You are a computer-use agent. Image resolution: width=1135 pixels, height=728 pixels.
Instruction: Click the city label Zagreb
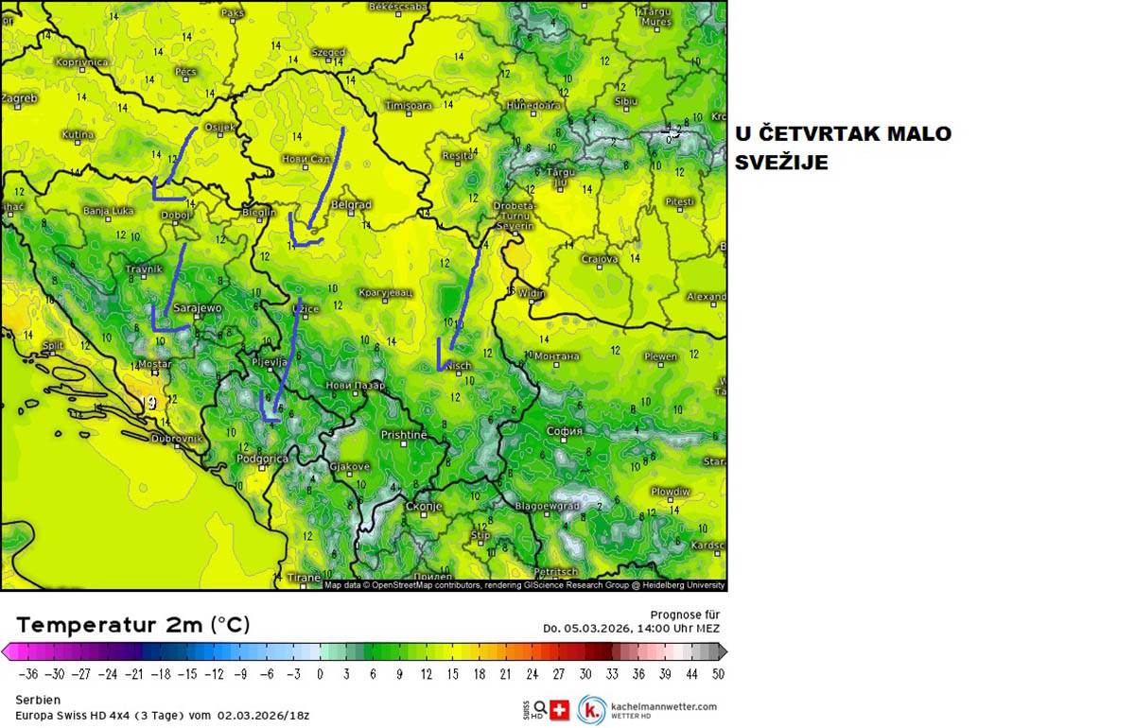pos(20,98)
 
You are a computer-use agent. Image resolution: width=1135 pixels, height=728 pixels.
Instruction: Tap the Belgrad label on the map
pos(352,204)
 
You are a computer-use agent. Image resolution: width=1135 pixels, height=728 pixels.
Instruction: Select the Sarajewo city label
pos(197,308)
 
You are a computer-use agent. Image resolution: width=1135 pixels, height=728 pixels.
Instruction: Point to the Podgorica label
pos(261,459)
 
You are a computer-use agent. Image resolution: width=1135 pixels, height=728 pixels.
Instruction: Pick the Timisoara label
pos(409,106)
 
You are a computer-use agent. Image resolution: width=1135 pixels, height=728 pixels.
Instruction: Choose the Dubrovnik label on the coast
pos(177,439)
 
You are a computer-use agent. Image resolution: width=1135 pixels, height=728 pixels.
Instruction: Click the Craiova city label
pos(600,258)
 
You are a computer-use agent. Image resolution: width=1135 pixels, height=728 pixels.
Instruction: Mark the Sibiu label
pos(625,101)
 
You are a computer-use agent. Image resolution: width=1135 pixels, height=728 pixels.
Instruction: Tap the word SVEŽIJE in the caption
pos(781,163)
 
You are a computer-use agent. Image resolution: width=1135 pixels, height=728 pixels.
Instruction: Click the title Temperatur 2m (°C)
pos(133,625)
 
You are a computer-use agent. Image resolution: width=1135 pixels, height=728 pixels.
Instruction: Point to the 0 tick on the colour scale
pos(320,674)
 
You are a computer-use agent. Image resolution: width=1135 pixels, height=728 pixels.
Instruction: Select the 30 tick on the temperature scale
pos(585,674)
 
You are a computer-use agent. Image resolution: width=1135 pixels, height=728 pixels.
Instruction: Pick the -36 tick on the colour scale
pos(29,674)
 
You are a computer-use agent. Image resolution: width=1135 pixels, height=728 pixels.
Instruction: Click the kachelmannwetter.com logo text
pos(663,706)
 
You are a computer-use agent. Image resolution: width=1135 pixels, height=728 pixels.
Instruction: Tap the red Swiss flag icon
pos(559,710)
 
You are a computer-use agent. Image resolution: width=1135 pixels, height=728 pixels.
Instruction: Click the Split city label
pos(53,346)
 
